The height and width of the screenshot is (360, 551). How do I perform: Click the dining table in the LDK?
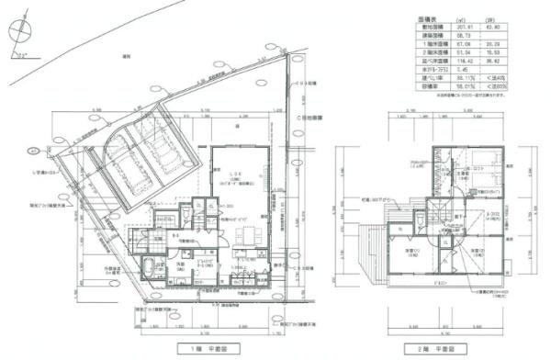[x=242, y=236]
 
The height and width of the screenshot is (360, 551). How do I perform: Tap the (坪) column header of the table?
[x=498, y=18]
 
